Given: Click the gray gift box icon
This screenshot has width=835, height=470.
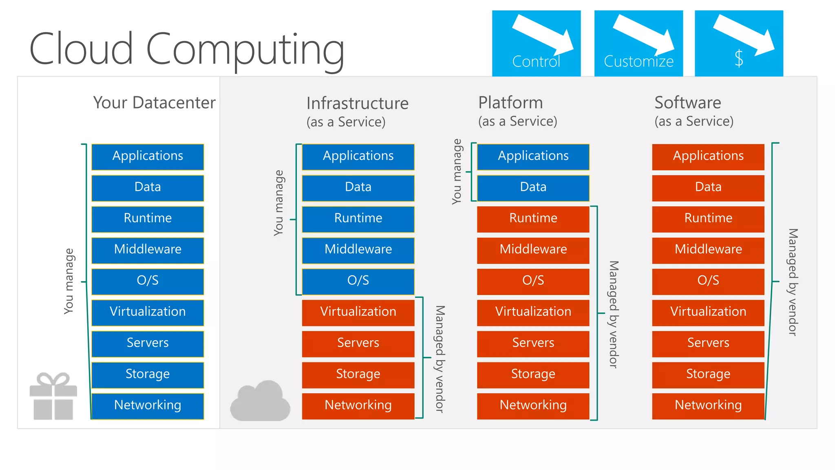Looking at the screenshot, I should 53,397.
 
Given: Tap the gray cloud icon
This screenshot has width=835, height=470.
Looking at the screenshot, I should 260,401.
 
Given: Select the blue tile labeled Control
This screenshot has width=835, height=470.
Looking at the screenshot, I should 536,43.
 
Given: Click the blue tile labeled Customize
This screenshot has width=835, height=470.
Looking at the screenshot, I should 638,43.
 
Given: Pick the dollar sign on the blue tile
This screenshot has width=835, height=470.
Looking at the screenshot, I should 739,58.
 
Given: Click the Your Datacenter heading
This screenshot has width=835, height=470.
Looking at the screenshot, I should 154,103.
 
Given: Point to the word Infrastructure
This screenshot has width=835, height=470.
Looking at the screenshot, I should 357,103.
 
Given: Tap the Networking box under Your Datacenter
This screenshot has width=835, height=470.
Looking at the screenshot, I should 148,406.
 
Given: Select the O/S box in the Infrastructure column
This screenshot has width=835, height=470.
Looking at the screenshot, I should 358,281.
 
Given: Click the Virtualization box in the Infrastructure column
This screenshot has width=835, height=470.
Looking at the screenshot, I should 358,312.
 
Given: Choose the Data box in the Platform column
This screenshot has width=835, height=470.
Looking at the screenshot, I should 533,187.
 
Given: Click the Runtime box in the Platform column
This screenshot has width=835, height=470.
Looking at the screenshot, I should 533,219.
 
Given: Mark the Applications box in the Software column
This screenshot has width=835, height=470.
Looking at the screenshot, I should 708,156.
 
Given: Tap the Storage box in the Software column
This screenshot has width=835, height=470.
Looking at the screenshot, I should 708,375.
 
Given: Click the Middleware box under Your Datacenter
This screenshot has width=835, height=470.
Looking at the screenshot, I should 148,250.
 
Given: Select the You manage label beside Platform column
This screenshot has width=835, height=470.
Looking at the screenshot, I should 457,171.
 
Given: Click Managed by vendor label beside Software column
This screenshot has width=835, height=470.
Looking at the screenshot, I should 792,282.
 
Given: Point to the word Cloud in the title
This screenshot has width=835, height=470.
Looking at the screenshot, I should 81,49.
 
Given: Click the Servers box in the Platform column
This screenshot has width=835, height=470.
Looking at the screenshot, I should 533,343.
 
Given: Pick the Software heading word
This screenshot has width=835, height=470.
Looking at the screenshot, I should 687,102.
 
